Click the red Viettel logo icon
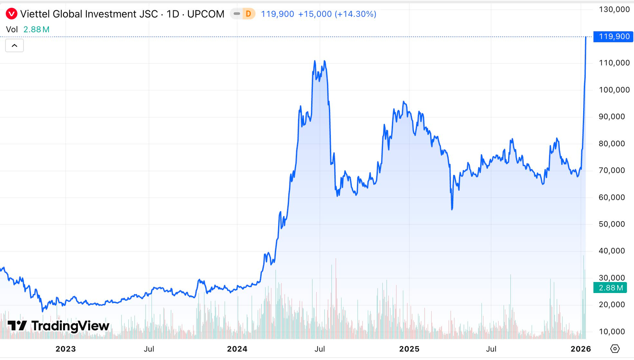coord(12,14)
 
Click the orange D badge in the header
coord(248,14)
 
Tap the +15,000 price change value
coord(315,14)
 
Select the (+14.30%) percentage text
coord(355,14)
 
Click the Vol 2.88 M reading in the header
coord(28,29)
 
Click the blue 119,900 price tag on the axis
coord(613,36)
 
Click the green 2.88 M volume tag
coord(610,288)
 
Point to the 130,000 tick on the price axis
coord(614,9)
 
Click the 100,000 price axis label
coord(614,90)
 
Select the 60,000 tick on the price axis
coord(612,197)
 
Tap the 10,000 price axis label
coord(612,331)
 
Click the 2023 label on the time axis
coord(65,349)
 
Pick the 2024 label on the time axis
coord(237,349)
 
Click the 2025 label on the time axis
coord(409,349)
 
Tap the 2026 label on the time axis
coord(581,349)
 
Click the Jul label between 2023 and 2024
coord(149,349)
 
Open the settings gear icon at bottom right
coord(615,348)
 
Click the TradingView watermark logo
coord(58,326)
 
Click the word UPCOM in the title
coord(206,14)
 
